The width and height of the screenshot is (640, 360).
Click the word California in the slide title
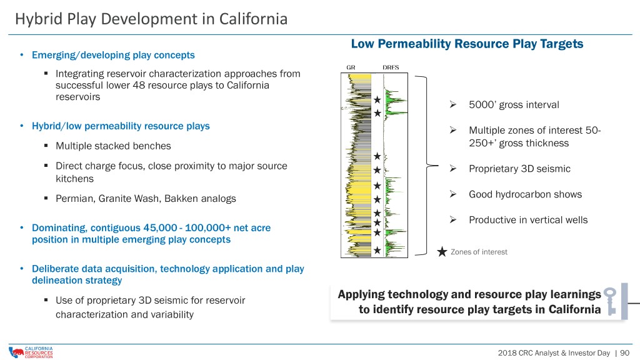pos(253,19)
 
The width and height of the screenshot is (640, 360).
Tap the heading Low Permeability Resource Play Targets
pos(467,44)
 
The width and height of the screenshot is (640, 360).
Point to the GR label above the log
pos(351,67)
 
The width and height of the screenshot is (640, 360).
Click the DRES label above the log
pos(391,67)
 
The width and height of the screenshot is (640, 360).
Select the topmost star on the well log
pos(377,99)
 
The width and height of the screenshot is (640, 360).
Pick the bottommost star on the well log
pos(377,250)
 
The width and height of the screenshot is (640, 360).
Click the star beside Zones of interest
pos(442,251)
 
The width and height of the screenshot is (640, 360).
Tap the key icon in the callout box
pos(610,301)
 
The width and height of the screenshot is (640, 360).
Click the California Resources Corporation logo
pos(31,352)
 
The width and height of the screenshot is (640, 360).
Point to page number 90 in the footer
pos(624,352)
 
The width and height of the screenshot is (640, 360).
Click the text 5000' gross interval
pos(514,105)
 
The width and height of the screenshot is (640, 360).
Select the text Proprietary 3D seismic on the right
pos(519,169)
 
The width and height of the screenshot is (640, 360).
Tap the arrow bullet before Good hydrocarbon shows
pos(453,194)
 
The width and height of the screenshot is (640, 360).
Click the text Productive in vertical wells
pos(528,220)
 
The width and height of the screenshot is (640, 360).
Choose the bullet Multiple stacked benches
pos(113,146)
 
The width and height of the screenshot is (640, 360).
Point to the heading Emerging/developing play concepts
pos(113,55)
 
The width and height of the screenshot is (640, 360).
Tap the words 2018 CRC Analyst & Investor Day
pos(554,352)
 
